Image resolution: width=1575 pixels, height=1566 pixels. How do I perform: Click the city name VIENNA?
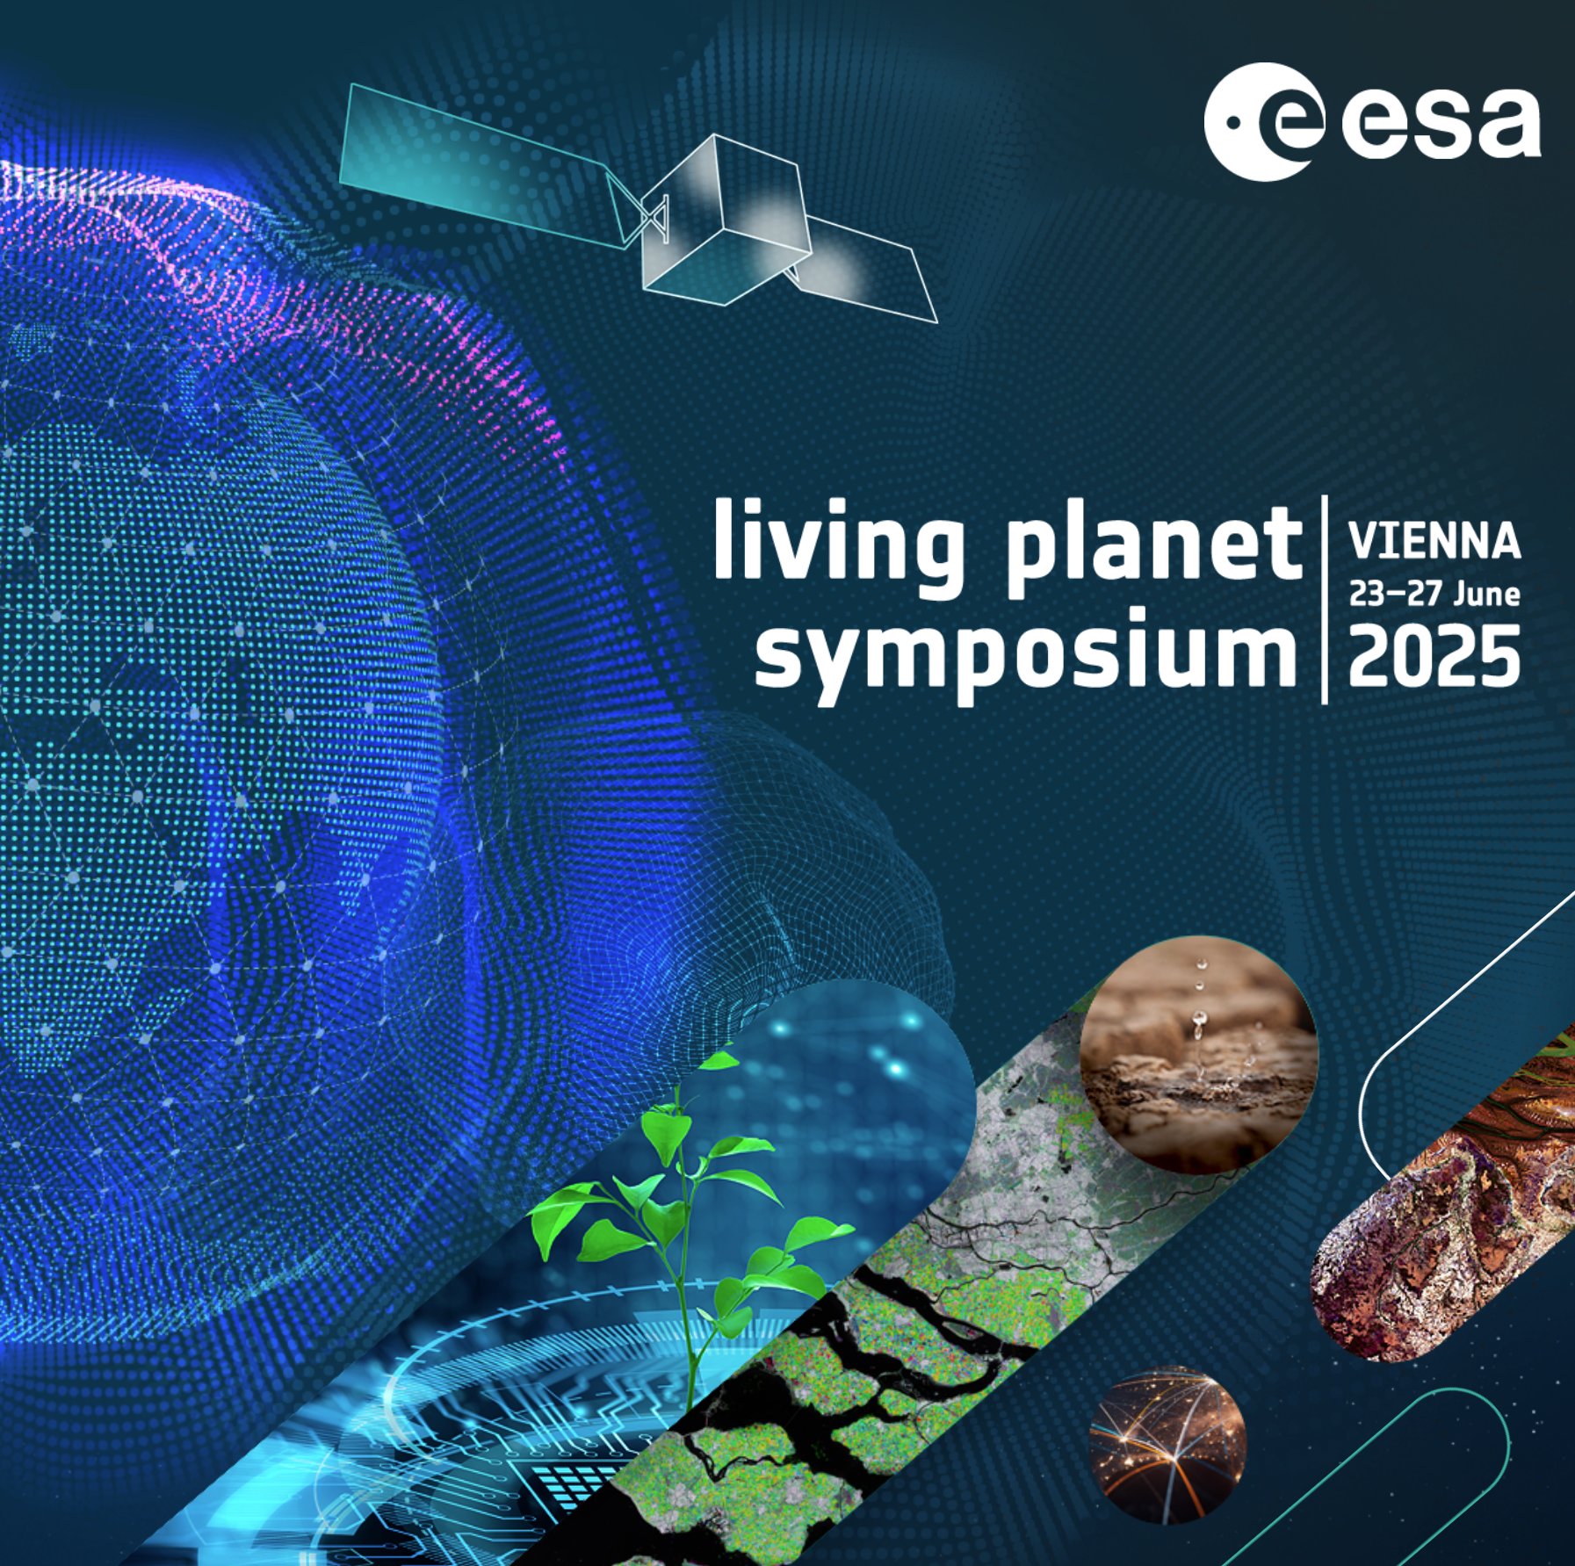click(1434, 541)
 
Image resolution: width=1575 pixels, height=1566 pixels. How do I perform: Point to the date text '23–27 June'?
click(1434, 594)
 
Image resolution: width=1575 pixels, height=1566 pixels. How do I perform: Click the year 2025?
click(1434, 657)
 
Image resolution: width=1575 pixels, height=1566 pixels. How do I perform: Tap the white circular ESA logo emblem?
click(1263, 121)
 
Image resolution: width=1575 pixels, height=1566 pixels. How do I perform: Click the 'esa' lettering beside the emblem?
click(1441, 123)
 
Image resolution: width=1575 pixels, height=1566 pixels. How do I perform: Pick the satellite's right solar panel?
click(865, 268)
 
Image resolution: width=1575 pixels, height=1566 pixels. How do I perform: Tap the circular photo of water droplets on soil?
click(1198, 1059)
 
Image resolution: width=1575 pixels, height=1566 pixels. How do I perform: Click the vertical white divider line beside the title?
click(1325, 600)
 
